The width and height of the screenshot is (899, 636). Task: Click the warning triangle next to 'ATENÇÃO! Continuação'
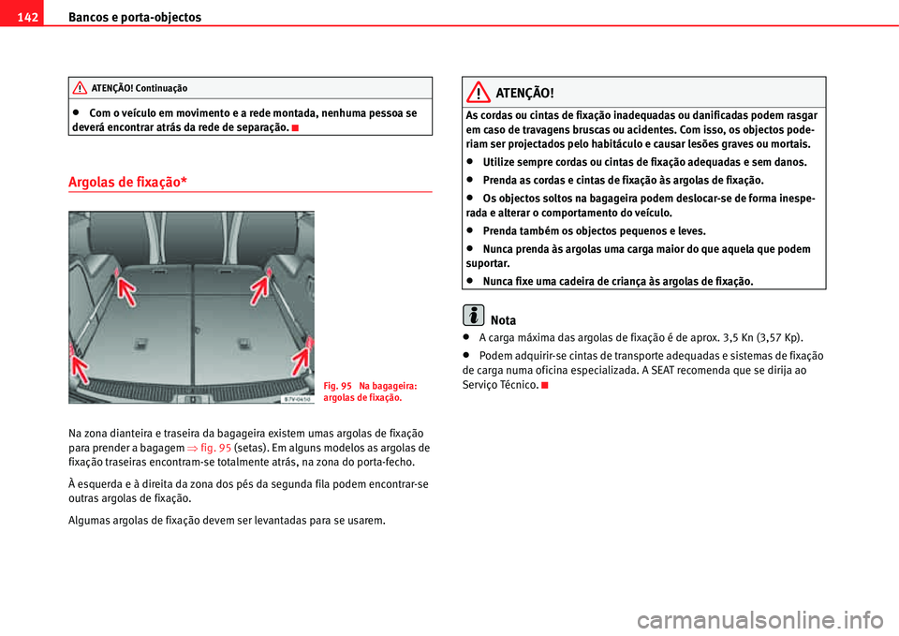[x=81, y=88]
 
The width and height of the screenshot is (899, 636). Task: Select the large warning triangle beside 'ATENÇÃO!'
[x=482, y=93]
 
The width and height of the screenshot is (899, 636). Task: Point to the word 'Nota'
[x=503, y=320]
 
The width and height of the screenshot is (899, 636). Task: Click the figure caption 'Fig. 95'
[x=338, y=385]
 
